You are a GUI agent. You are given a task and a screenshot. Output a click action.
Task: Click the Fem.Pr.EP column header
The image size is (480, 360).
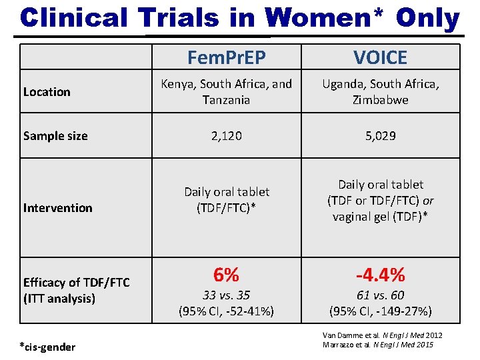[226, 58]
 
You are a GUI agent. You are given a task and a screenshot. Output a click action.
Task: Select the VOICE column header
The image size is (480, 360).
[381, 58]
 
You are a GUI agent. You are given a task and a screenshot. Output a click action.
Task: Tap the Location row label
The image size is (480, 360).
[47, 92]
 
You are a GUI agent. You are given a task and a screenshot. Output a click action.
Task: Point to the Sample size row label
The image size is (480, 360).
[55, 136]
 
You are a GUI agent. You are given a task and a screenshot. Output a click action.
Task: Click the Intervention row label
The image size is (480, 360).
[57, 208]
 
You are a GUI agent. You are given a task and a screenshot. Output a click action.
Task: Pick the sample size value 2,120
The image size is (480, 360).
[227, 136]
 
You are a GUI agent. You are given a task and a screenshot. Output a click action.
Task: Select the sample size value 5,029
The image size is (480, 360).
[381, 136]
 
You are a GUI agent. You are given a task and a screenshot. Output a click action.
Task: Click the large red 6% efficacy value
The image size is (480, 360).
[227, 275]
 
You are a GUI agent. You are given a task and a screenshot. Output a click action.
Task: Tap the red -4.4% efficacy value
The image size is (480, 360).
[381, 275]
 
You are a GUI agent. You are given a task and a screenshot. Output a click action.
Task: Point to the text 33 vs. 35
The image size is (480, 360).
[227, 295]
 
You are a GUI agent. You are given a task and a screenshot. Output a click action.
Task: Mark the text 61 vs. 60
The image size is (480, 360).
[381, 295]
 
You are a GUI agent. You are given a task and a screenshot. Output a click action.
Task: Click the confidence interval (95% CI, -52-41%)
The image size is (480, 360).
[227, 311]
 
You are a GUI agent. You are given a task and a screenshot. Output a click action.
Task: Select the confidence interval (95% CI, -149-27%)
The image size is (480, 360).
[381, 311]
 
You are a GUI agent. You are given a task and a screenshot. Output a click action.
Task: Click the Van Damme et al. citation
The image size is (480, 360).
[382, 335]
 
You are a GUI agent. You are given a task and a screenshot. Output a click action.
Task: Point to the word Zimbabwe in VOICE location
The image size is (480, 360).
[381, 99]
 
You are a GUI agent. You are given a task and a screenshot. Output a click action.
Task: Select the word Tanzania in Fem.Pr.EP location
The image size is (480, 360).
[227, 99]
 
